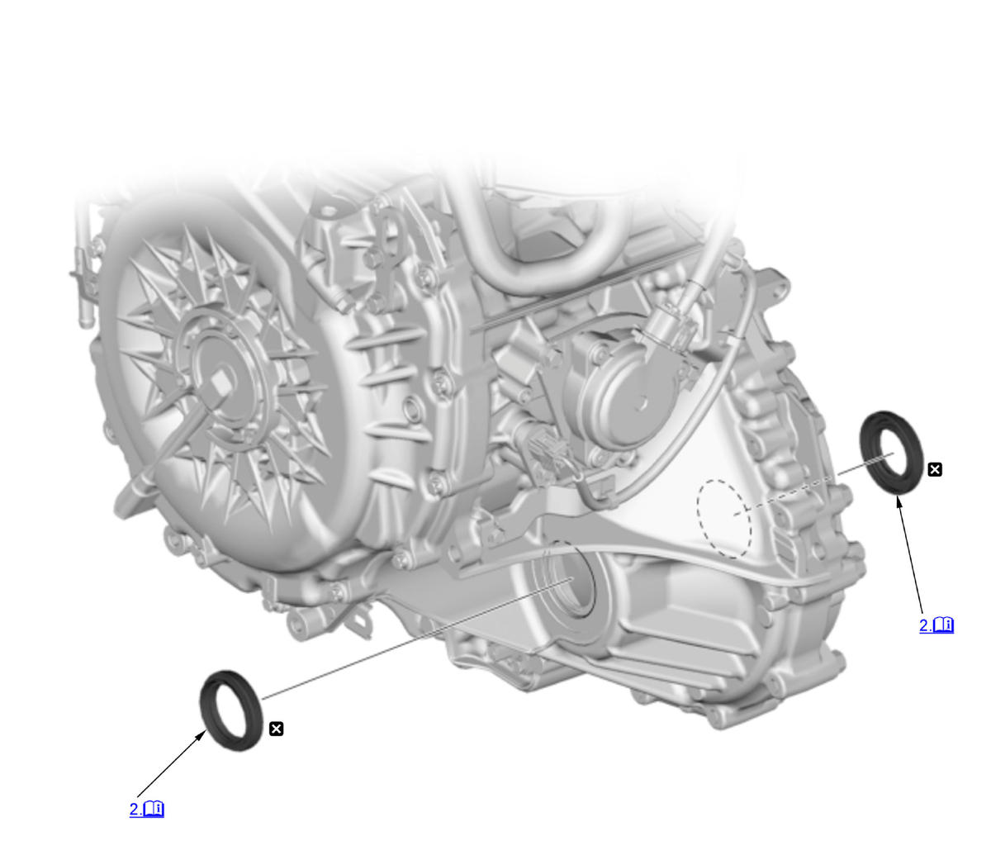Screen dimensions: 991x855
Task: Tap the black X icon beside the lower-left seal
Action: pos(276,729)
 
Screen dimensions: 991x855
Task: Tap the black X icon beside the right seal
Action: pos(935,469)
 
